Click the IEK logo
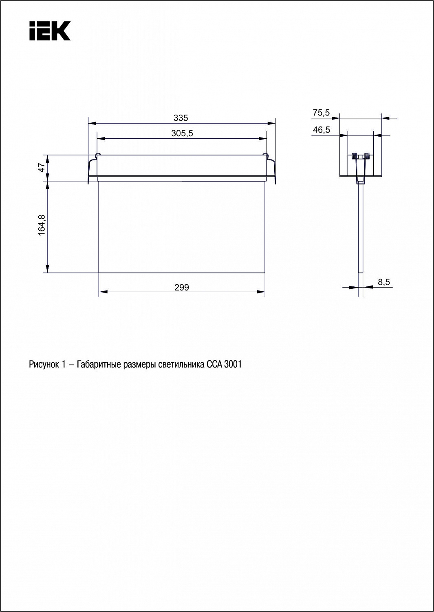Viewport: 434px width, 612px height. pyautogui.click(x=50, y=31)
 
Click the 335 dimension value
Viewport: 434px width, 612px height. pyautogui.click(x=181, y=118)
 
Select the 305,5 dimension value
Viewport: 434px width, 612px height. pyautogui.click(x=182, y=133)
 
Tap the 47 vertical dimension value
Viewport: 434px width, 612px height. pyautogui.click(x=42, y=167)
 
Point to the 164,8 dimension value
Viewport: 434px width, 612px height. pyautogui.click(x=42, y=225)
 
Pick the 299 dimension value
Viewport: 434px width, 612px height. pyautogui.click(x=182, y=287)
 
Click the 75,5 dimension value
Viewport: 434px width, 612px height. pyautogui.click(x=321, y=113)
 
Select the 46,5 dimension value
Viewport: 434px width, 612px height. pyautogui.click(x=321, y=130)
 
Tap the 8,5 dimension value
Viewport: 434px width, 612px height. pyautogui.click(x=384, y=282)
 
